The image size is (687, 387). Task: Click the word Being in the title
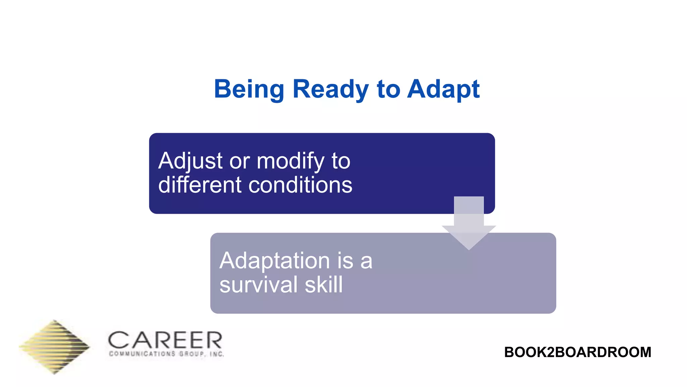[249, 89]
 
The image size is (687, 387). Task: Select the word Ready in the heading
[330, 89]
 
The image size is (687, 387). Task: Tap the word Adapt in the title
[443, 89]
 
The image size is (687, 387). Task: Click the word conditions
[300, 185]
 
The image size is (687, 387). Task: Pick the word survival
[258, 285]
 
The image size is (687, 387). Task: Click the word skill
[324, 285]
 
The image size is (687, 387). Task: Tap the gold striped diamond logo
[54, 347]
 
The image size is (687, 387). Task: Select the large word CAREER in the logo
[165, 340]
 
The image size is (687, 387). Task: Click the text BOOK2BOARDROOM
[577, 352]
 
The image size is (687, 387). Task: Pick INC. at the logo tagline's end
[217, 354]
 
